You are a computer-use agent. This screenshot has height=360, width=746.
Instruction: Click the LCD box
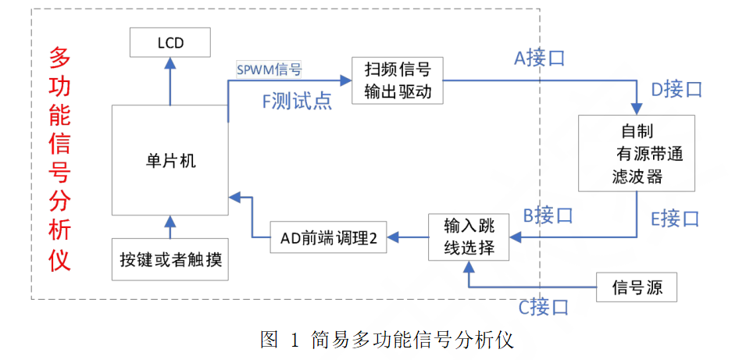[170, 42]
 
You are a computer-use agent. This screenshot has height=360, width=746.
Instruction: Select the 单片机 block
[170, 160]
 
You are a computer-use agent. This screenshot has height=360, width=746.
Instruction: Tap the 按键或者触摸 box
[170, 258]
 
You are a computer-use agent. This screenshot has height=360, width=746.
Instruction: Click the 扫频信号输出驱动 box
[398, 80]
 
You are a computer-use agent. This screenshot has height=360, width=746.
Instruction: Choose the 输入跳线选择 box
[469, 237]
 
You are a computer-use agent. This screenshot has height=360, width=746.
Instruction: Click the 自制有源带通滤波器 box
[636, 154]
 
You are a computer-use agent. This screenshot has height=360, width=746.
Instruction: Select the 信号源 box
[636, 287]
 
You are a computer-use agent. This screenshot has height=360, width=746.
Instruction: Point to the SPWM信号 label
[269, 69]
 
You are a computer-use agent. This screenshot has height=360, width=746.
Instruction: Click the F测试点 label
[297, 101]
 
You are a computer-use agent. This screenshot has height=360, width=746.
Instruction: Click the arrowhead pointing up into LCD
[170, 65]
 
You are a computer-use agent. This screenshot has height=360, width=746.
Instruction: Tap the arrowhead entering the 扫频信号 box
[345, 80]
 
